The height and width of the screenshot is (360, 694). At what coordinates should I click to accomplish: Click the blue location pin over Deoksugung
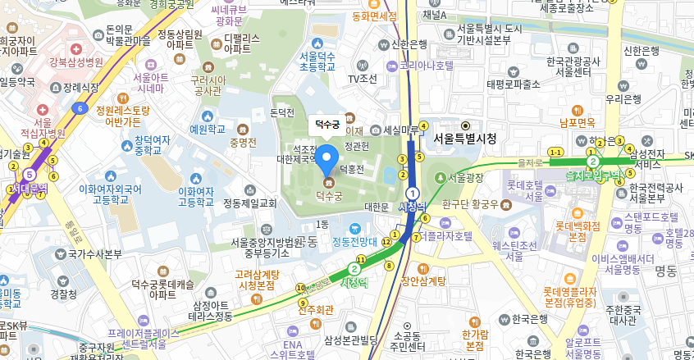pyautogui.click(x=328, y=159)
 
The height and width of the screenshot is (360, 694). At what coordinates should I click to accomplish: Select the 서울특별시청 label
pyautogui.click(x=465, y=139)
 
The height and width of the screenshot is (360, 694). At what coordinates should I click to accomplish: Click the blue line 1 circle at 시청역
pyautogui.click(x=413, y=193)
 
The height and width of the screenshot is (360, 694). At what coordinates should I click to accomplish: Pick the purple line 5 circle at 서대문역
pyautogui.click(x=30, y=174)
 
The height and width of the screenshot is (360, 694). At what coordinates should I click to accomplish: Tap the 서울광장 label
pyautogui.click(x=466, y=177)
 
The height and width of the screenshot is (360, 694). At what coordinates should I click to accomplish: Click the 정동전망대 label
pyautogui.click(x=354, y=242)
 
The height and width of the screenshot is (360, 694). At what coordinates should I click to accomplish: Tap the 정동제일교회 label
pyautogui.click(x=250, y=203)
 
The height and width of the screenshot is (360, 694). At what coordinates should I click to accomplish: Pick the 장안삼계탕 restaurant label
pyautogui.click(x=423, y=280)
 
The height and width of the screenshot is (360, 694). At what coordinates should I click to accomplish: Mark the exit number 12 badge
pyautogui.click(x=386, y=241)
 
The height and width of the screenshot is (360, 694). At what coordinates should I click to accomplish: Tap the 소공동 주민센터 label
pyautogui.click(x=407, y=340)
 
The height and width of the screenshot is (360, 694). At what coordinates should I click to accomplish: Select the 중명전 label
pyautogui.click(x=243, y=142)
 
